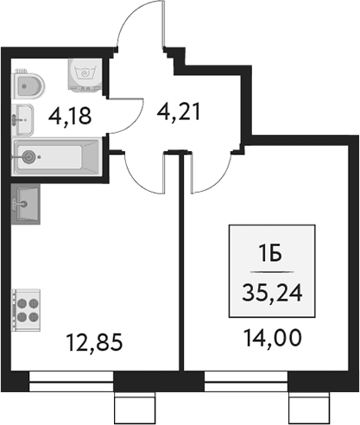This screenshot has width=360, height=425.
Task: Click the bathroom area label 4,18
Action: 70,116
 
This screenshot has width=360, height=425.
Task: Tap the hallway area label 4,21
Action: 179,112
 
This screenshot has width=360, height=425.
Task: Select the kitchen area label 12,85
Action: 94,342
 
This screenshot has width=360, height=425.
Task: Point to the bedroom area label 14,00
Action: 273,338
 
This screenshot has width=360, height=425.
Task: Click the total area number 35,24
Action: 272,292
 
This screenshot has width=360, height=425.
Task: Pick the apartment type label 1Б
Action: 270,255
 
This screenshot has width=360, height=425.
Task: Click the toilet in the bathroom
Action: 28,85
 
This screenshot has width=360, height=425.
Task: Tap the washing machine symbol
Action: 85,74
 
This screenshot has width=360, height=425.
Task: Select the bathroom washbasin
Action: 22,119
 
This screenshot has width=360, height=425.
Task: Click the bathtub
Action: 57,157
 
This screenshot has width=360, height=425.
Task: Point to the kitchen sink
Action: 26,204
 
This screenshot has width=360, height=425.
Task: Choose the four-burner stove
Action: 26,310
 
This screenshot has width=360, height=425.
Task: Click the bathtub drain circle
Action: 29,156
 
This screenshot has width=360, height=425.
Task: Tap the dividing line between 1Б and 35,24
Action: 272,272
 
